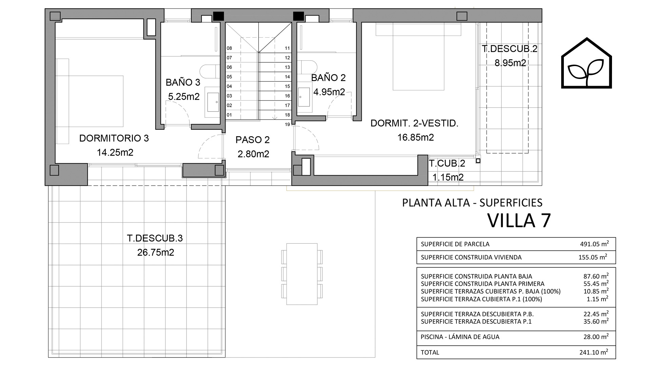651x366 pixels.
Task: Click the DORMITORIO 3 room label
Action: [x=114, y=138]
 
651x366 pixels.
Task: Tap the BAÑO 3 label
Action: [x=183, y=82]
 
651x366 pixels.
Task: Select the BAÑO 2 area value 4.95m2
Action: [x=329, y=92]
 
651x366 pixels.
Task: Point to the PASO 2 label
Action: [x=253, y=140]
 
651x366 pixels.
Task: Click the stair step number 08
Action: [x=230, y=48]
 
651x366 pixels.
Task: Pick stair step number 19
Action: [x=287, y=124]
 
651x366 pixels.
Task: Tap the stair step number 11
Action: [x=287, y=48]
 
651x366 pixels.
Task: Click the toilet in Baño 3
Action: [x=210, y=72]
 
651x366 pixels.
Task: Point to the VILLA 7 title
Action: [x=519, y=221]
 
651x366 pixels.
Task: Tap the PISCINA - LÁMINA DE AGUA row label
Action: [x=460, y=337]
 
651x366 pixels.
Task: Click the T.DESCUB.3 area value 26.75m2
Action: [x=156, y=252]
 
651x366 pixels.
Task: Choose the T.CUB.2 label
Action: [x=447, y=163]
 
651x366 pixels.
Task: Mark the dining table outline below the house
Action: [x=302, y=274]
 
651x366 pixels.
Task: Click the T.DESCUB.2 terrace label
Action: [x=510, y=49]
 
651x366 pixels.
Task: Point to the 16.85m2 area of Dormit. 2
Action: [x=416, y=137]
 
